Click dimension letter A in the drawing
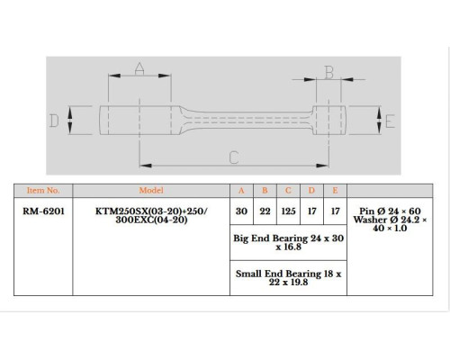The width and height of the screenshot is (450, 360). (x=139, y=68)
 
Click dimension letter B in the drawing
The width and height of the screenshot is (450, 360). (x=329, y=72)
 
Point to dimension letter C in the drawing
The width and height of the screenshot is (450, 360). (x=234, y=157)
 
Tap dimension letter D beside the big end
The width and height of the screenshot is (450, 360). (x=54, y=121)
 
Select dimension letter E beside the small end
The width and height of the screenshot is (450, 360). (x=390, y=121)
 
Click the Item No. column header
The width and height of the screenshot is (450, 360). (x=43, y=191)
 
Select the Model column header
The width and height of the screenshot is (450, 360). (x=151, y=191)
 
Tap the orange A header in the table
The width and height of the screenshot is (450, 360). (x=241, y=191)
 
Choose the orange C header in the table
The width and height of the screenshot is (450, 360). (x=288, y=191)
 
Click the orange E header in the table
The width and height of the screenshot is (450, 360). (x=335, y=191)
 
